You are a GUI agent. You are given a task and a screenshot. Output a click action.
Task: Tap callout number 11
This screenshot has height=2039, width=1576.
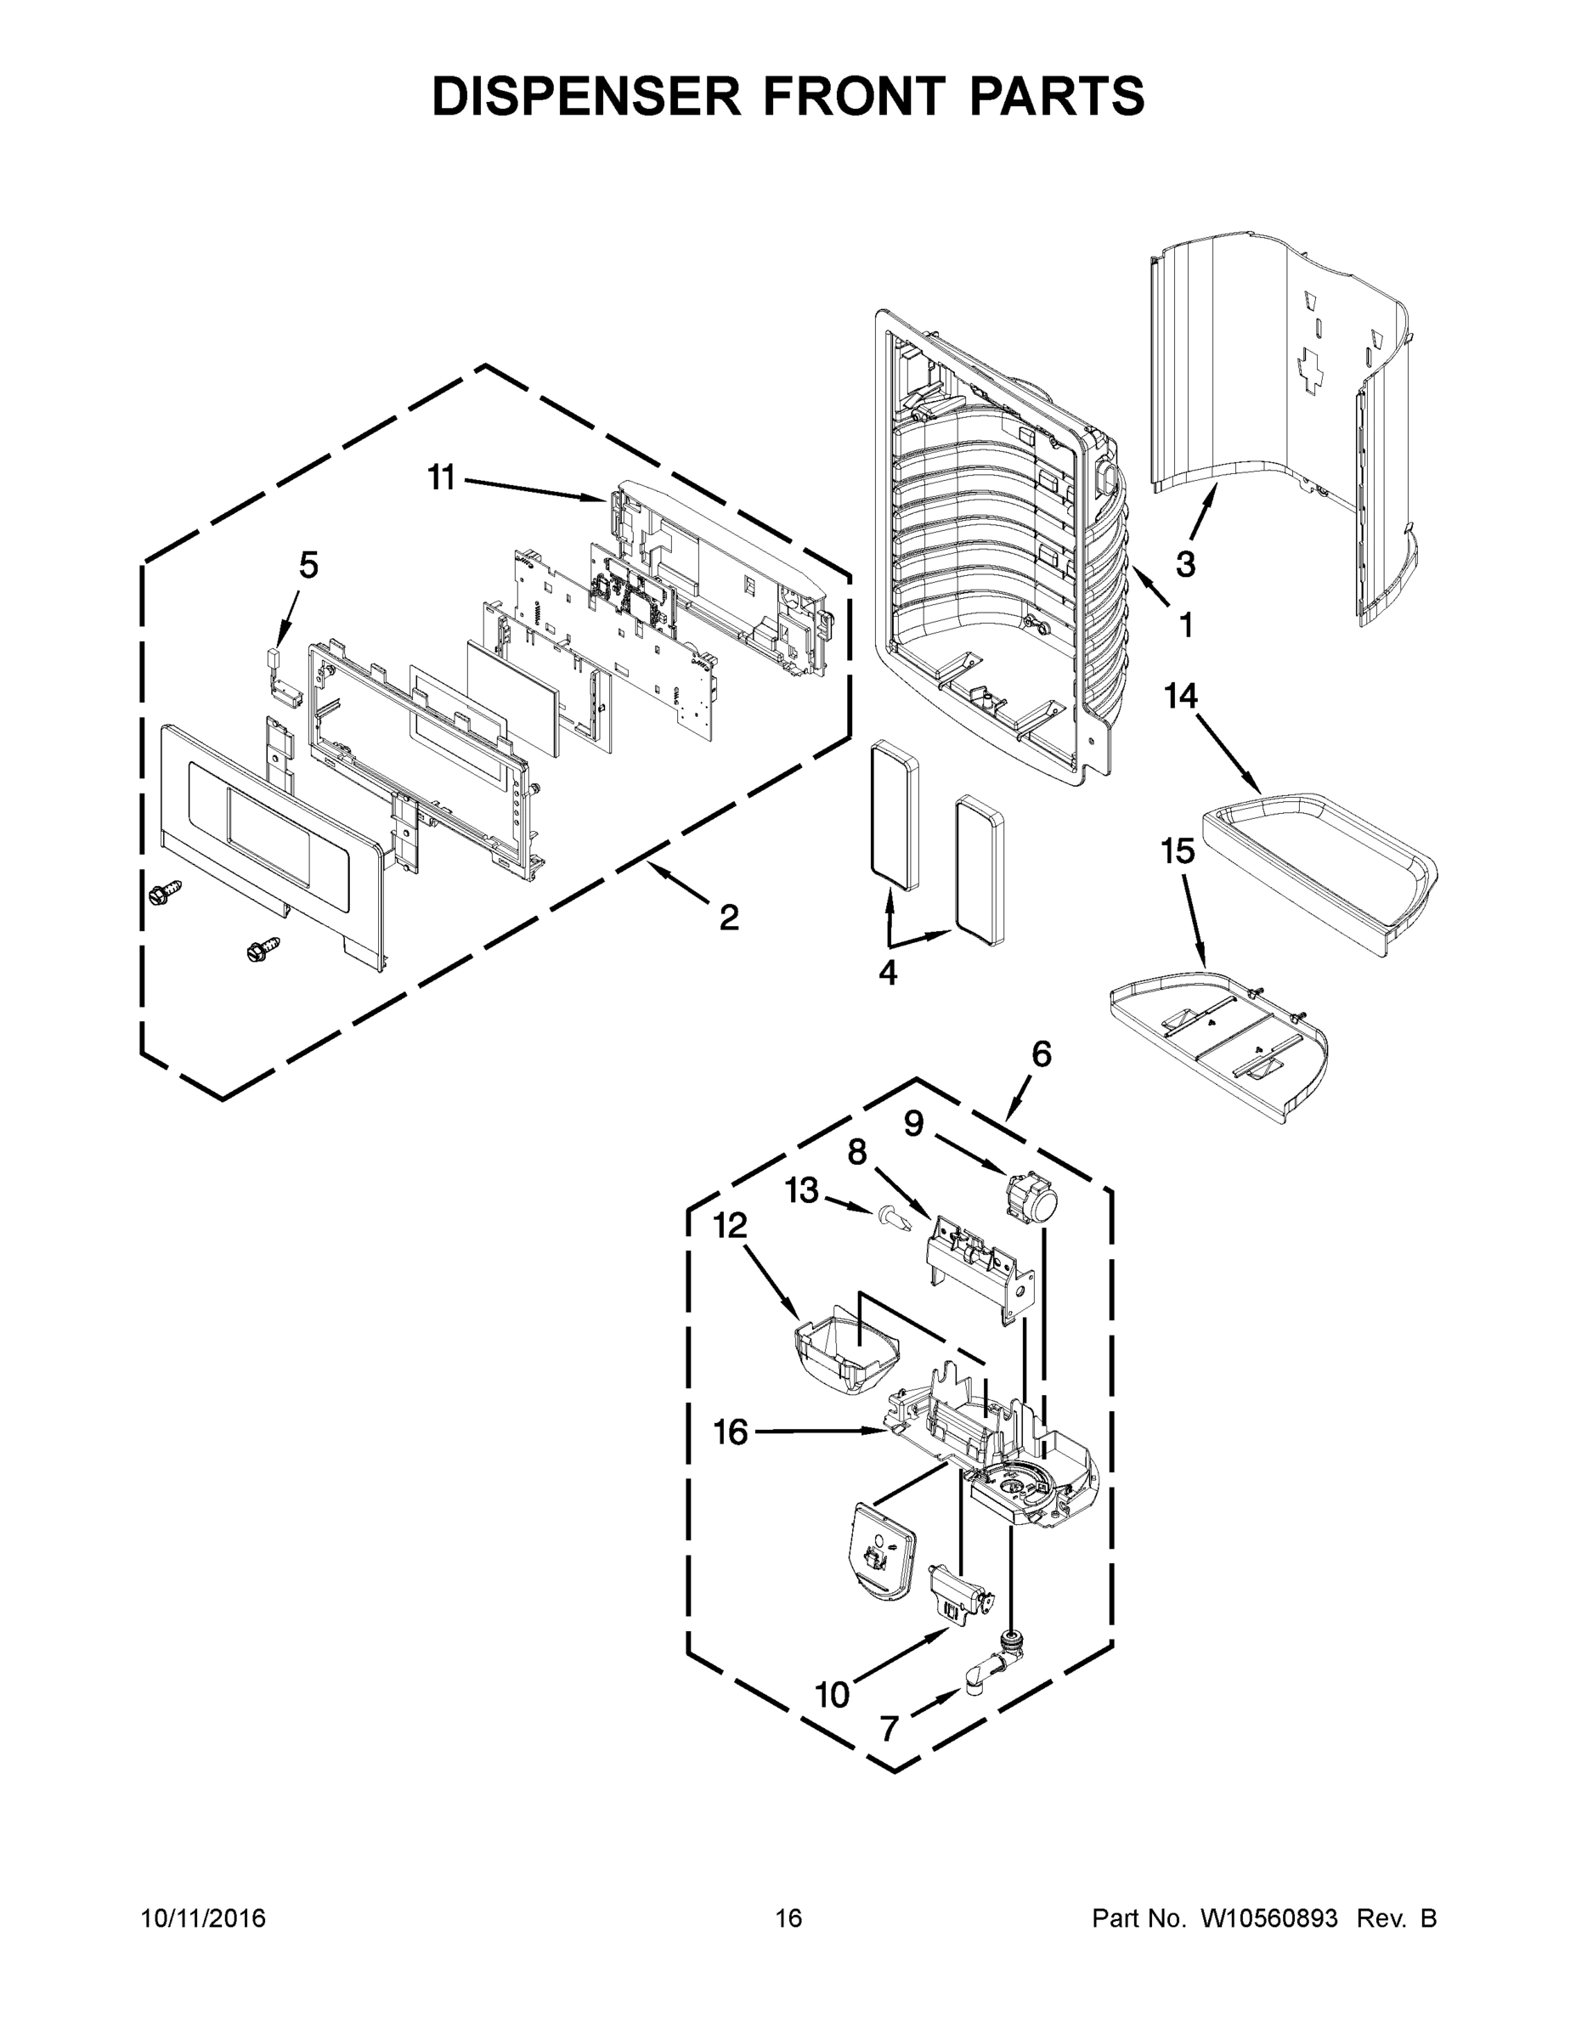(441, 478)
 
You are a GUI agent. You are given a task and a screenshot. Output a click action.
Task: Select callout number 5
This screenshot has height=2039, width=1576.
(308, 565)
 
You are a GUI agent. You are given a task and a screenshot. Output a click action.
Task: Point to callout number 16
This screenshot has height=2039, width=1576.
(730, 1432)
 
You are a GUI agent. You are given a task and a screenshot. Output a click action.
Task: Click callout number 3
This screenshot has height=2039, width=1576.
(1185, 564)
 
